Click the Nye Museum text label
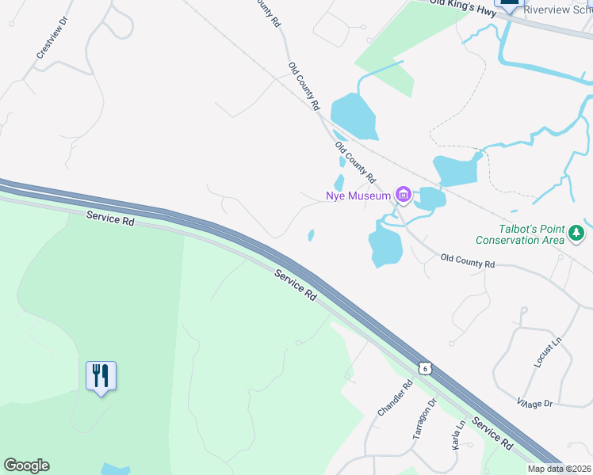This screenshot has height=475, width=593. [358, 196]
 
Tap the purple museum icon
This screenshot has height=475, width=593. [404, 195]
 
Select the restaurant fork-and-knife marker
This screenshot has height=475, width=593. [101, 375]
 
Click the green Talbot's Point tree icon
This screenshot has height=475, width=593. [577, 234]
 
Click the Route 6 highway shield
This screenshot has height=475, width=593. [426, 368]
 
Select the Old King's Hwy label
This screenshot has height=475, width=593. [463, 8]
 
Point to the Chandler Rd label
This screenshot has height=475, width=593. [395, 400]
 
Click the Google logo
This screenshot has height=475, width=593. [26, 465]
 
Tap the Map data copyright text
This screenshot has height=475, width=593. [560, 469]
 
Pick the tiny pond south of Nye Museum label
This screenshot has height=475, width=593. [311, 235]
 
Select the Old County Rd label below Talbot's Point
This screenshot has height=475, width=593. [468, 260]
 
